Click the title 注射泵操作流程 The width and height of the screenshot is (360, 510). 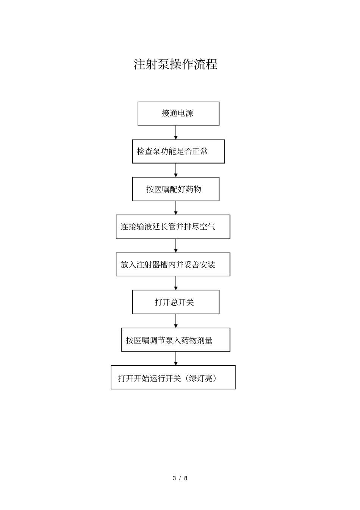click(x=175, y=64)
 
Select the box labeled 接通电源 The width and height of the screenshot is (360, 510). click(x=178, y=113)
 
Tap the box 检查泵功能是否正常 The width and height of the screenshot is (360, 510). click(x=178, y=151)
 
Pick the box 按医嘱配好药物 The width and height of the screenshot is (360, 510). click(x=175, y=189)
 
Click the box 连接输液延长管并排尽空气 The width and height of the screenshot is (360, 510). click(x=173, y=227)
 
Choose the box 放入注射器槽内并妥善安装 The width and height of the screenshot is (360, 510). click(x=173, y=264)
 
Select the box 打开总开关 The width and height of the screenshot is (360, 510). click(x=175, y=302)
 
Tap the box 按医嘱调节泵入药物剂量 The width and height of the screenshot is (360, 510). click(x=175, y=340)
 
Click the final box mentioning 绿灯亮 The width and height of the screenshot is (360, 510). click(x=173, y=377)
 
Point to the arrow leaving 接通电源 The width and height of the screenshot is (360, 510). click(x=176, y=132)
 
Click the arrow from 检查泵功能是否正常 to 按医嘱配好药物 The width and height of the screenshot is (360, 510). click(x=176, y=170)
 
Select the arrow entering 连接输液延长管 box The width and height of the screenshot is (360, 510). click(x=176, y=208)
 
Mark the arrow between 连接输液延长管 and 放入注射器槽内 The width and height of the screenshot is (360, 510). click(x=176, y=245)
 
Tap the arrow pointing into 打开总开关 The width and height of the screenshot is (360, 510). click(x=176, y=283)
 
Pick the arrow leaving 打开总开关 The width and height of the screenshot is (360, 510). click(x=176, y=320)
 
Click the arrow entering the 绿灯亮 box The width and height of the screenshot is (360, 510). click(x=176, y=358)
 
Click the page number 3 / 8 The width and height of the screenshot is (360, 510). click(x=180, y=478)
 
